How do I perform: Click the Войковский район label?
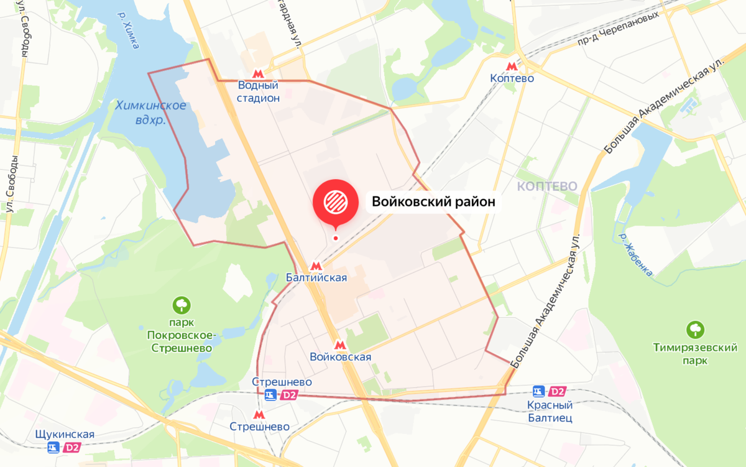[433, 201]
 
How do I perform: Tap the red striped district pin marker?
[336, 201]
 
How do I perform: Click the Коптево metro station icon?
[512, 66]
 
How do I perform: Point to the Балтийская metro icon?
[316, 265]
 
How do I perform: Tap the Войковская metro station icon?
[339, 344]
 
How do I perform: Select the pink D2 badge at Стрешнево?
[289, 395]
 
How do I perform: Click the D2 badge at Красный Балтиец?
[558, 392]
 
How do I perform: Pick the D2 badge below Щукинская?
[73, 447]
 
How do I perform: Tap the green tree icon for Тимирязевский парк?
[694, 330]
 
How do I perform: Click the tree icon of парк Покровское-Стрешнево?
[182, 305]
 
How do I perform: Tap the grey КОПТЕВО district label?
[547, 186]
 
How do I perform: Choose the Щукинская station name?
[65, 434]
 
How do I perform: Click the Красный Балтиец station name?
[550, 411]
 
